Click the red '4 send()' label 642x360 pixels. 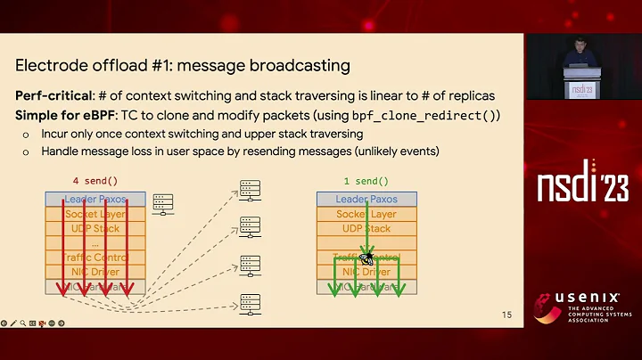94,181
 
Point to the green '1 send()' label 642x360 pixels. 366,181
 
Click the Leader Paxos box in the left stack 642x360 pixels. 93,200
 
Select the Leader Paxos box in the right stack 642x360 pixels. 366,200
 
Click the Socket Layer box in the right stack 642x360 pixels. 366,214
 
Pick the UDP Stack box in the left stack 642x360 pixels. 93,228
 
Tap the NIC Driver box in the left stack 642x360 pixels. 93,272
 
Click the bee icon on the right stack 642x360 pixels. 366,254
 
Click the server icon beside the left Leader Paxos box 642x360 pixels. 161,204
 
